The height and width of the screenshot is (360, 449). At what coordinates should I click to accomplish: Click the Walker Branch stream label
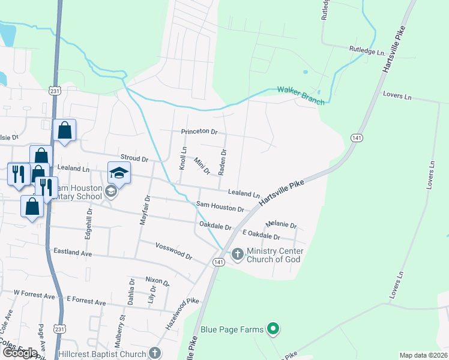[301, 95]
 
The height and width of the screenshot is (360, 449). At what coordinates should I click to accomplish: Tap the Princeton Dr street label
[199, 131]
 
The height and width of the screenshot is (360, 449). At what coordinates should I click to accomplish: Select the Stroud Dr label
[134, 159]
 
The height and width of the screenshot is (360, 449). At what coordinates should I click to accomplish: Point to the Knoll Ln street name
[184, 158]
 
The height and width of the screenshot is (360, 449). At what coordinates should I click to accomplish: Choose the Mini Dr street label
[202, 166]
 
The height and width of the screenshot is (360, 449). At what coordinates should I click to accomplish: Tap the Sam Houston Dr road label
[220, 208]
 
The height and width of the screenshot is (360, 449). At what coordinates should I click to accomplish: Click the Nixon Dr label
[157, 280]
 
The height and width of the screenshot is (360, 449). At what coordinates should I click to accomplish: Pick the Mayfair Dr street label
[144, 209]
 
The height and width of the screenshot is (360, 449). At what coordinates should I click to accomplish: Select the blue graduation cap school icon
[119, 173]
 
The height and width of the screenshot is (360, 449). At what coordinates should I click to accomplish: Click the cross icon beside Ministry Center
[237, 254]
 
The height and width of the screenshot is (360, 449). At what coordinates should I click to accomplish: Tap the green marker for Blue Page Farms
[273, 329]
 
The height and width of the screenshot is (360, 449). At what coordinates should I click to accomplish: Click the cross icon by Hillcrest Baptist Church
[155, 353]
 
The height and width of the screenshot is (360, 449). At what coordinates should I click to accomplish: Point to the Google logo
[20, 352]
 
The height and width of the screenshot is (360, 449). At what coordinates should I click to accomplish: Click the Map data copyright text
[423, 355]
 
